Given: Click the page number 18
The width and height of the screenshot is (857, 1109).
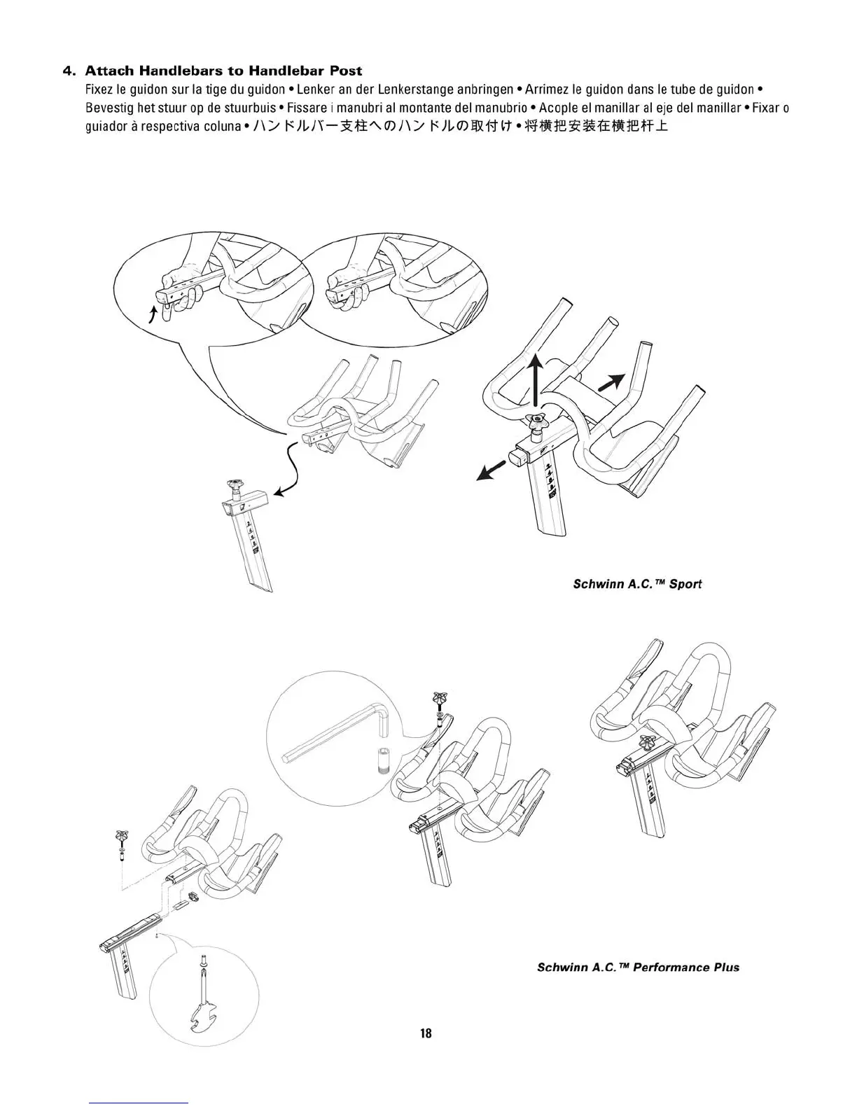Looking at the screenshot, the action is click(426, 1033).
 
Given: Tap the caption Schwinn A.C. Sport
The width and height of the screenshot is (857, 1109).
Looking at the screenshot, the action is click(637, 584).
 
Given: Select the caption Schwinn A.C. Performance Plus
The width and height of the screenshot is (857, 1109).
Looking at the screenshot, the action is click(638, 968).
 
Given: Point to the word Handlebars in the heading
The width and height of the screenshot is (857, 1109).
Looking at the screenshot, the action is click(175, 71).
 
